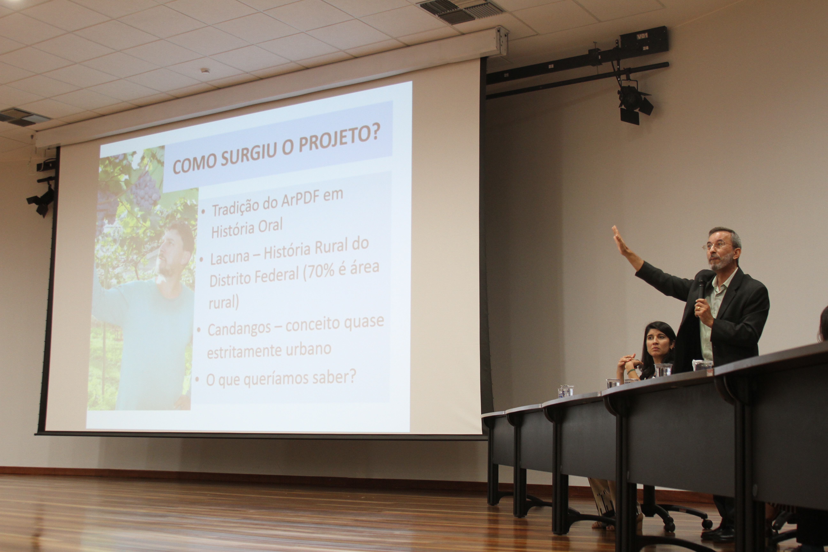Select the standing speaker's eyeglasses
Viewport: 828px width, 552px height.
[717, 245]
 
